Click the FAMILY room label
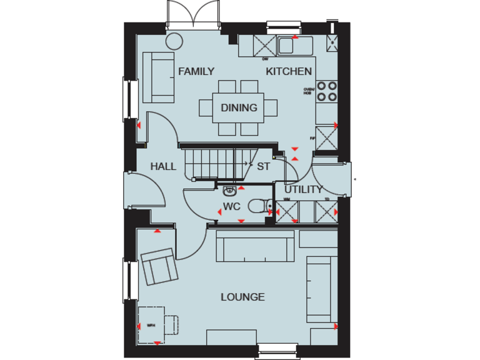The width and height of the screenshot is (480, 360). [x=196, y=71]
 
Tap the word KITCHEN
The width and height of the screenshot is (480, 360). [x=289, y=71]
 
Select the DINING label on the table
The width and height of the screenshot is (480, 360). [x=239, y=107]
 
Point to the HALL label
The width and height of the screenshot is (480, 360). [x=163, y=166]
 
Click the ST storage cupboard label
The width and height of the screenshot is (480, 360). [x=263, y=166]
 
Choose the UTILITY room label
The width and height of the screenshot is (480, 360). [x=304, y=189]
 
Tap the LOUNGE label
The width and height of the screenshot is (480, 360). [x=242, y=297]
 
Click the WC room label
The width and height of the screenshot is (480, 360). [x=231, y=206]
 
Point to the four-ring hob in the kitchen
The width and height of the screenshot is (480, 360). [x=326, y=91]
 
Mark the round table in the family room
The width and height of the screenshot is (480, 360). [x=173, y=41]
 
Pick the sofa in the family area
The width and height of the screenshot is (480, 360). [x=159, y=77]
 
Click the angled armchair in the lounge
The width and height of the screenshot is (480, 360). [x=159, y=265]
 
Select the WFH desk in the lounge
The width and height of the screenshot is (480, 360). [x=151, y=324]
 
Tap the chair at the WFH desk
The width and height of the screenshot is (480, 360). [x=171, y=324]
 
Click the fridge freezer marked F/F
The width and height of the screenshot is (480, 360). [x=326, y=138]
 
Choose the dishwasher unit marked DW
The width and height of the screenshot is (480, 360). [x=264, y=46]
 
